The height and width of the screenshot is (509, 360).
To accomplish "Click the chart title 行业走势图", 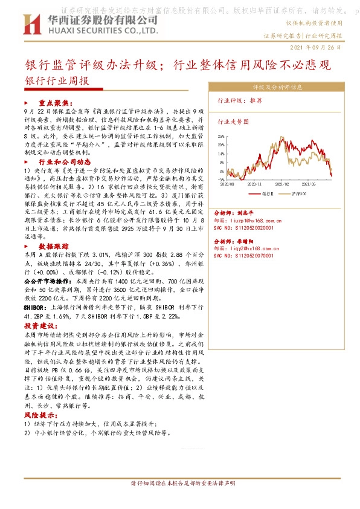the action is pos(233,121).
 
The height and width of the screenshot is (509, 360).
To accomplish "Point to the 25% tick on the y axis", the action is pos(222,136).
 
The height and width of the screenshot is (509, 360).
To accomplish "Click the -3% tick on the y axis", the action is pos(222,180).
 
